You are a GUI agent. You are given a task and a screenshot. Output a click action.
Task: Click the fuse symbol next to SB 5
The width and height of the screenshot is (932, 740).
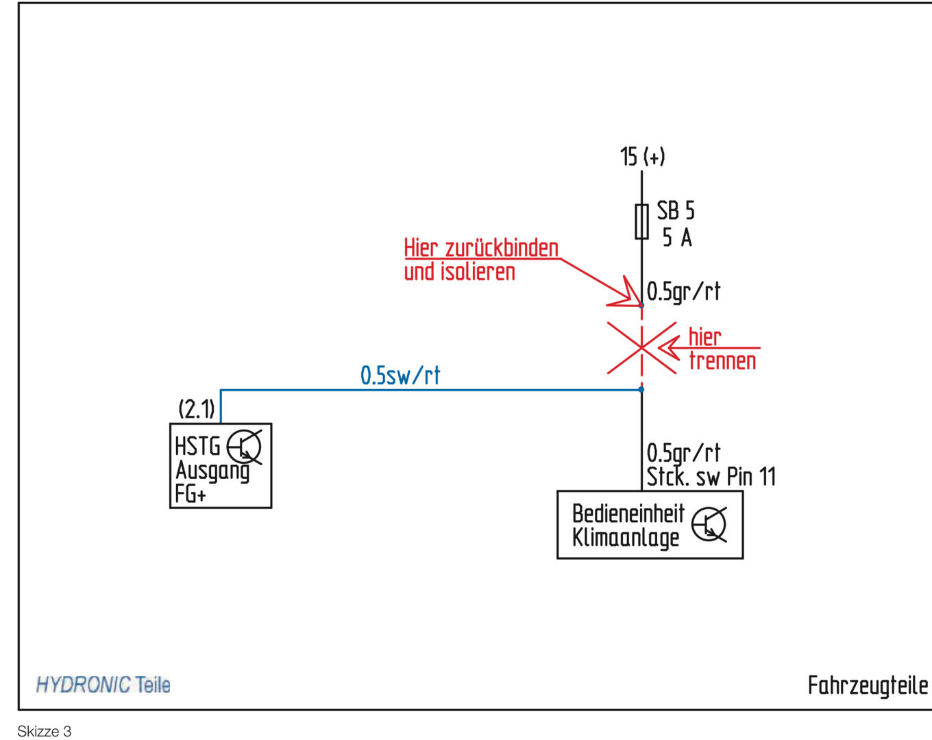click(x=641, y=221)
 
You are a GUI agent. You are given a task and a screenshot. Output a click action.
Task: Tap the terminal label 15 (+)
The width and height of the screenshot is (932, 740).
click(x=642, y=157)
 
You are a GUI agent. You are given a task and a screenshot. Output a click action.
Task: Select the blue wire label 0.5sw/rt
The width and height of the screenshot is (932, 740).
click(x=400, y=375)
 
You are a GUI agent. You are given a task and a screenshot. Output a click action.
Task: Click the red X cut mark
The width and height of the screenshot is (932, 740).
click(x=641, y=348)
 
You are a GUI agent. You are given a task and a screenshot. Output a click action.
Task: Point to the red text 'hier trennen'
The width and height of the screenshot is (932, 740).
click(x=722, y=349)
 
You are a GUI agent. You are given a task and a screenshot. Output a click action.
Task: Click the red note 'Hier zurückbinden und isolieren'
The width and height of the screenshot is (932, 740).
click(x=481, y=260)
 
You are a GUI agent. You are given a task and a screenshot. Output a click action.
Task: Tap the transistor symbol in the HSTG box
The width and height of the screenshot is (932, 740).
click(x=244, y=447)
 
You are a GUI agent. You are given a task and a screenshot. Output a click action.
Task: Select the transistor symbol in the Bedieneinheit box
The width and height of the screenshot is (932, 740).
click(x=709, y=525)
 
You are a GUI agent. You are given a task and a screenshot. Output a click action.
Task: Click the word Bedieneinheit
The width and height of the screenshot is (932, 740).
click(x=628, y=513)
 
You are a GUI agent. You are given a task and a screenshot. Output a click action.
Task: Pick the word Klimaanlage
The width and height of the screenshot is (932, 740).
click(x=626, y=538)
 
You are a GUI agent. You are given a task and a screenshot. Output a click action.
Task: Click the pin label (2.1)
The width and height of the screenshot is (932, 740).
click(x=197, y=409)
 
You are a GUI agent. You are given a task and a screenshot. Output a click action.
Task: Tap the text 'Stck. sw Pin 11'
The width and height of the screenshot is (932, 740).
click(x=711, y=477)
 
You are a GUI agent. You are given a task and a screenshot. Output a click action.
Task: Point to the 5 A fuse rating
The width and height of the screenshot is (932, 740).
click(x=677, y=238)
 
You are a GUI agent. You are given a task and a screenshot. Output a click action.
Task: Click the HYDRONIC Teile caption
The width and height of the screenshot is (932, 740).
click(x=103, y=684)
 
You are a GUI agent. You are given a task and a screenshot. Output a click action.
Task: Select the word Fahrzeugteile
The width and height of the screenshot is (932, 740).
click(x=868, y=685)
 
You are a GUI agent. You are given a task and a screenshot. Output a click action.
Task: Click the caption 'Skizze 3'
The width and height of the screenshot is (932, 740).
click(x=45, y=731)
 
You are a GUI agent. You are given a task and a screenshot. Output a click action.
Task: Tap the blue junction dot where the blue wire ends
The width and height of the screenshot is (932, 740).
click(x=641, y=389)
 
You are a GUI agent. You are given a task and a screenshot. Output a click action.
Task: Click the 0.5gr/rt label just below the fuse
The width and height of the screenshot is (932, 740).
click(x=683, y=292)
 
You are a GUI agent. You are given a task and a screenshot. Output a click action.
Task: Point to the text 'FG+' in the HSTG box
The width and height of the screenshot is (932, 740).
click(x=190, y=493)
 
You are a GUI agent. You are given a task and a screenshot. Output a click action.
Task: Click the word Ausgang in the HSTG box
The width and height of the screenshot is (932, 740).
click(x=212, y=471)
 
